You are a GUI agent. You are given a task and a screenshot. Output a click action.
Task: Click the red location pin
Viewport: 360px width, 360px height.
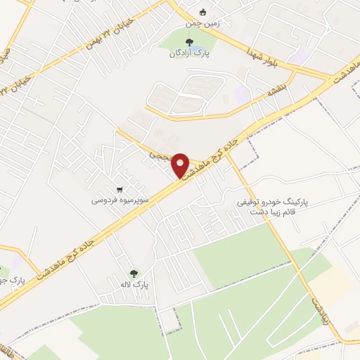[x=180, y=165]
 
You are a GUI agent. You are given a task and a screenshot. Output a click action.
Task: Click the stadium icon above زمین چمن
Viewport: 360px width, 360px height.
[x=203, y=12]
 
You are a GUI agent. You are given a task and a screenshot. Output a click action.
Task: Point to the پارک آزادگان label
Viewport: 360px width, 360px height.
[x=202, y=52]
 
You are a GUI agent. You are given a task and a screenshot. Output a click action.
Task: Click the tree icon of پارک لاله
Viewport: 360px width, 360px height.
[x=134, y=273]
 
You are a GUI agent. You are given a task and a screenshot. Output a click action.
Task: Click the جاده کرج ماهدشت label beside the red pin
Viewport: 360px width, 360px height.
[x=214, y=146]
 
